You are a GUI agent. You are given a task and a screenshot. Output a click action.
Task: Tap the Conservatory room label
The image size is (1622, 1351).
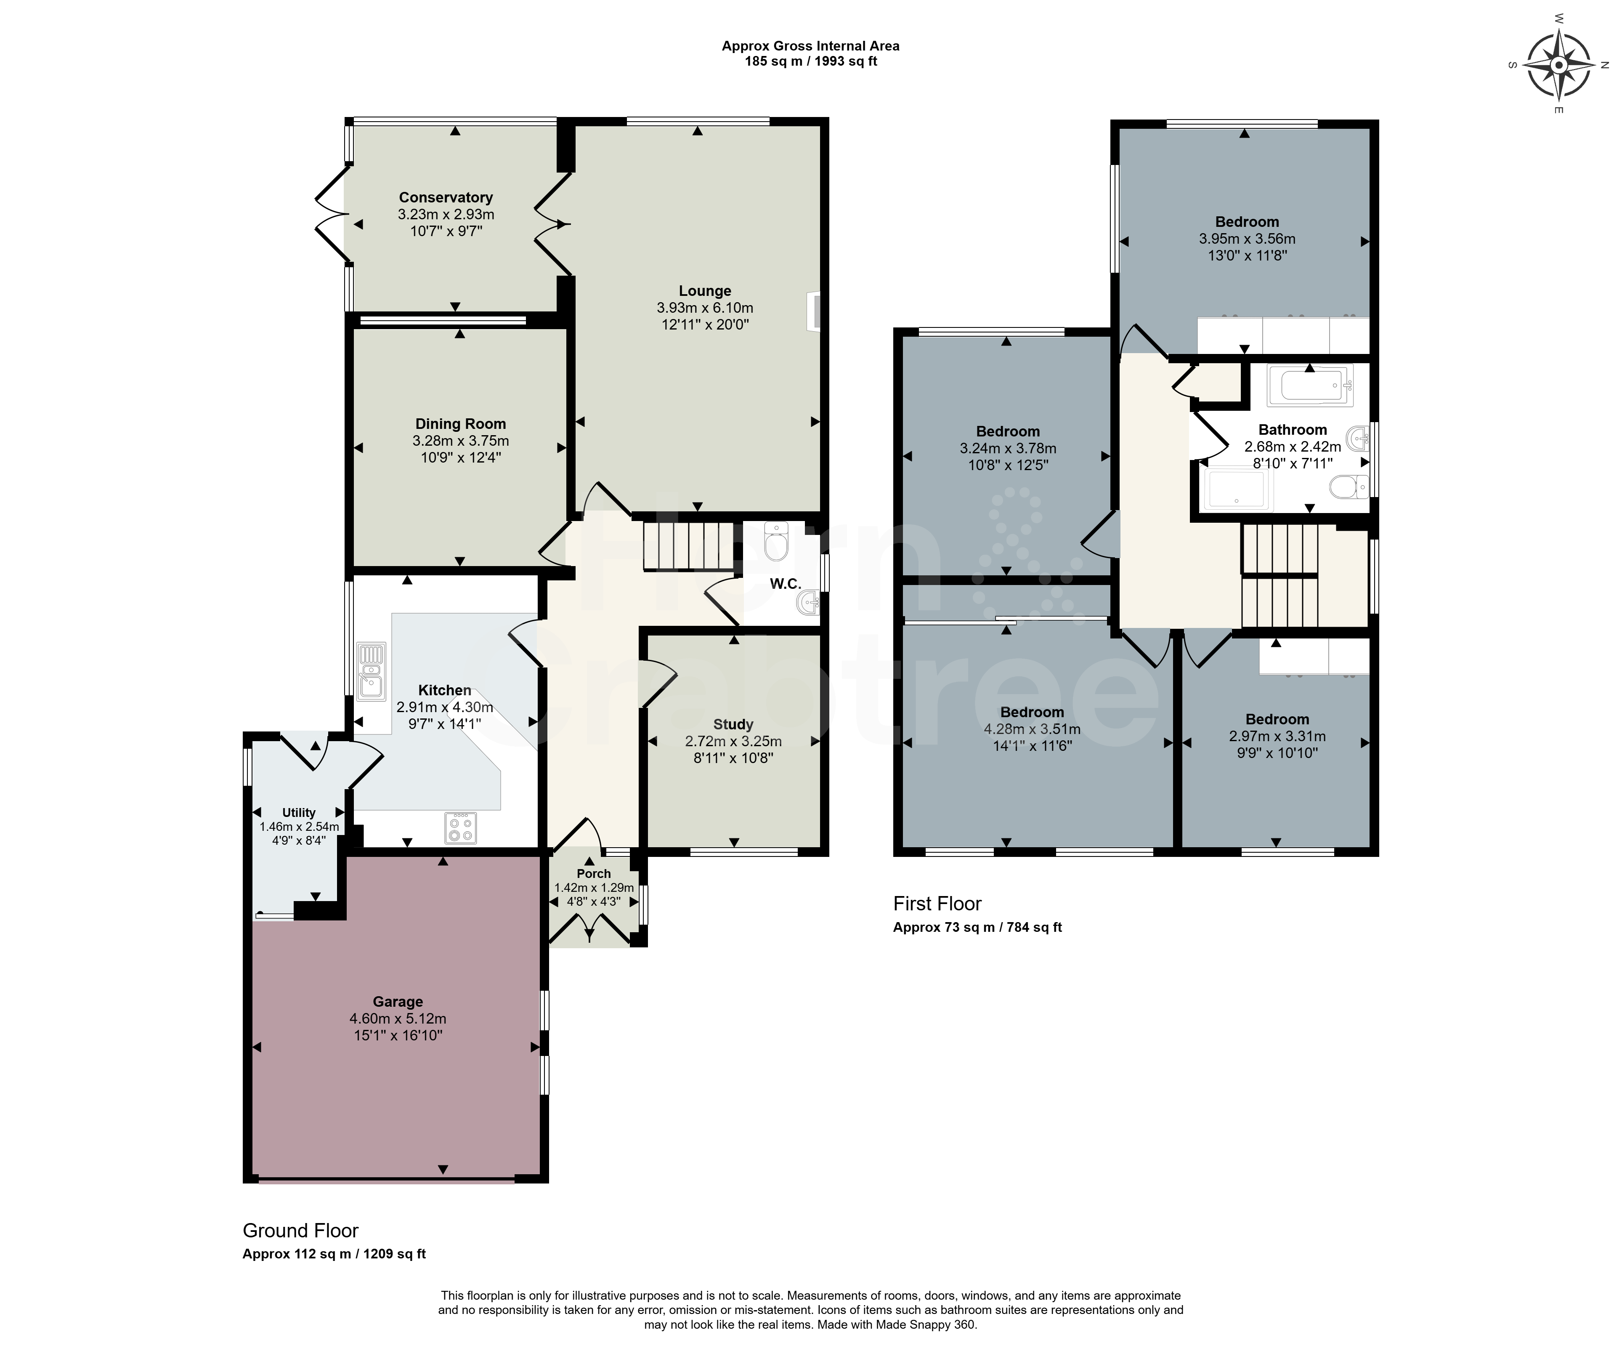(x=446, y=198)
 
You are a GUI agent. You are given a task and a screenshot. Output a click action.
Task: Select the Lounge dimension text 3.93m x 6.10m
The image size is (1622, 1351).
(x=704, y=308)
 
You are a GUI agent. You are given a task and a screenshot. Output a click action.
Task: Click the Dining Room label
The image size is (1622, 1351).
(x=460, y=424)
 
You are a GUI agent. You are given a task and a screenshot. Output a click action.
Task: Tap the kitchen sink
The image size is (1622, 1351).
(x=371, y=670)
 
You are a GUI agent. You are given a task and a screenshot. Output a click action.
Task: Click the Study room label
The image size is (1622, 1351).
(x=733, y=725)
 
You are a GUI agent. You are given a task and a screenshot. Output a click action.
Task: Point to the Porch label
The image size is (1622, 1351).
(x=593, y=874)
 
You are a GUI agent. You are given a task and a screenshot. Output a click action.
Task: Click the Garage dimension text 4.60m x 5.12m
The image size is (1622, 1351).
(x=398, y=1019)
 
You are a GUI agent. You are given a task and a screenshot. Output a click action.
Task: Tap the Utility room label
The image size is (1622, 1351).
(x=299, y=813)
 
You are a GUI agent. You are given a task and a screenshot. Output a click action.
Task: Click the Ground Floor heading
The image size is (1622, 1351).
(x=300, y=1231)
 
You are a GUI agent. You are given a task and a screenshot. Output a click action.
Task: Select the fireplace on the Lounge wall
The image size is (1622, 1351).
(x=812, y=311)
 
